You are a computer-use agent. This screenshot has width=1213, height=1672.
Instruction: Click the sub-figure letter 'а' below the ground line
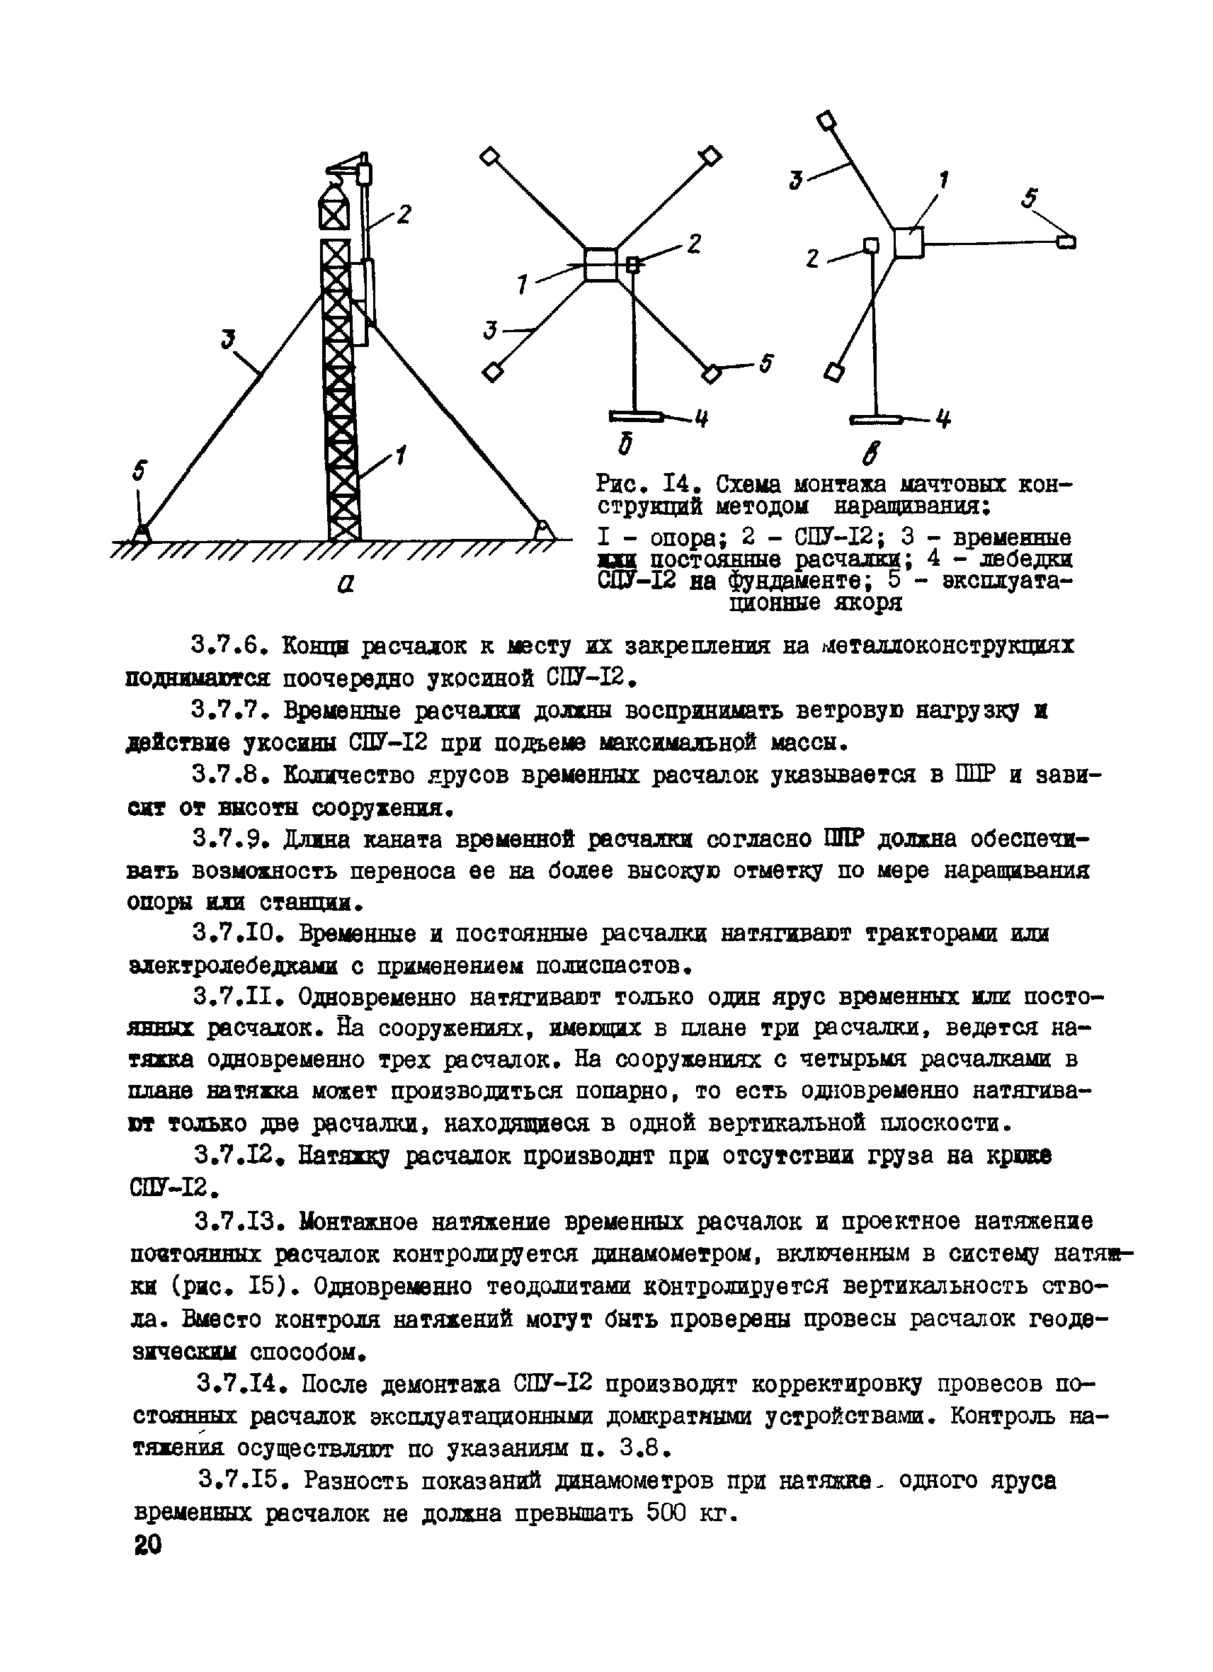pyautogui.click(x=345, y=584)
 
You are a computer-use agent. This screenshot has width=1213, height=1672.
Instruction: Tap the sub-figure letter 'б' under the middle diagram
pyautogui.click(x=627, y=445)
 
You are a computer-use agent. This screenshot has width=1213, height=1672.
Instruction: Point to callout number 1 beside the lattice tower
pyautogui.click(x=400, y=455)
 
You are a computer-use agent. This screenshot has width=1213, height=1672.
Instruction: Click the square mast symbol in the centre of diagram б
pyautogui.click(x=600, y=265)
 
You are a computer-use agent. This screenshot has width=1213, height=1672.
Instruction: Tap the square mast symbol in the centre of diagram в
pyautogui.click(x=909, y=242)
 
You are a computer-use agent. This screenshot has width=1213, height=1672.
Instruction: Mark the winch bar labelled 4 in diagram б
pyautogui.click(x=637, y=418)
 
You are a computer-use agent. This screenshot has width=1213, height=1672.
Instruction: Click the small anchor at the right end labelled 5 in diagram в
pyautogui.click(x=1066, y=241)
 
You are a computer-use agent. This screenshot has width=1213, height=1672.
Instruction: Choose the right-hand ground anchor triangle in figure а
pyautogui.click(x=543, y=529)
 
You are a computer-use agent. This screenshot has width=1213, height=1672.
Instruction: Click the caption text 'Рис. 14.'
pyautogui.click(x=647, y=485)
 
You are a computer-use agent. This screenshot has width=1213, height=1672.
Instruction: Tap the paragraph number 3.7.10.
pyautogui.click(x=239, y=934)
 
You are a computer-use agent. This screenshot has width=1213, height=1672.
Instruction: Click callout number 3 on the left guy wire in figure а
pyautogui.click(x=229, y=339)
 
